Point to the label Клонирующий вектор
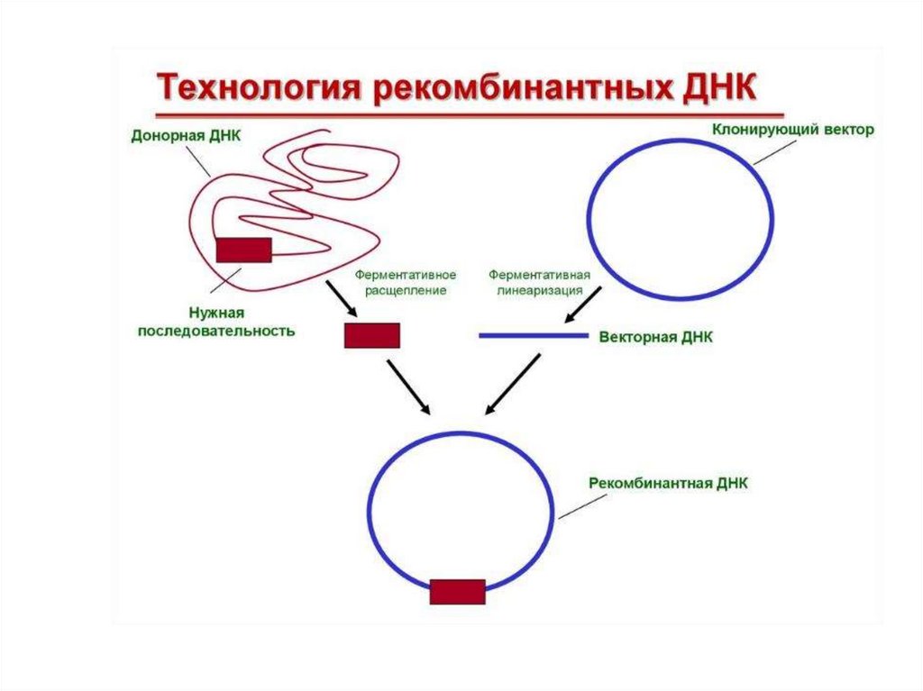(793, 131)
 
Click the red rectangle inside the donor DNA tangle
(243, 250)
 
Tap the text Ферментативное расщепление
(406, 282)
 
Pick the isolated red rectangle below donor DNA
(371, 335)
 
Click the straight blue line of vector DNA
(533, 336)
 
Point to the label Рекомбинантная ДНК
(669, 483)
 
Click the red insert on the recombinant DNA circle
(457, 592)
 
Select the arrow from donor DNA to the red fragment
(342, 297)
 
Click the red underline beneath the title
(469, 115)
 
